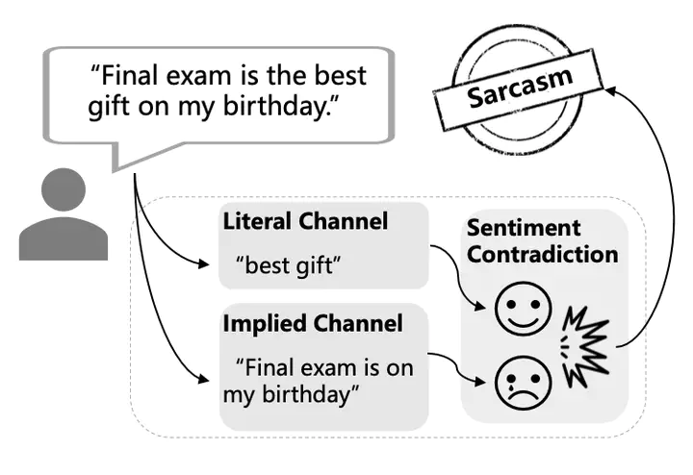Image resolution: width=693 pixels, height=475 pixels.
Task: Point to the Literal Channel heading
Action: pos(305,221)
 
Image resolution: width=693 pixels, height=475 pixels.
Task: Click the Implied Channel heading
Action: pos(312,323)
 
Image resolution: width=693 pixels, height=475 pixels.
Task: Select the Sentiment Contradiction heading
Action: pos(542,241)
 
